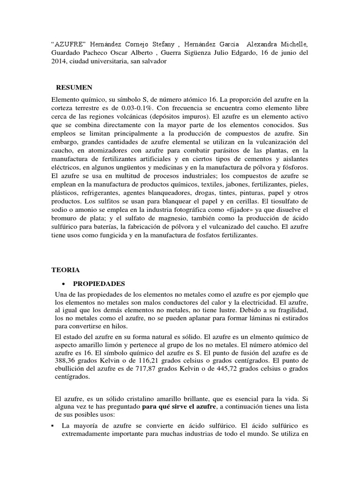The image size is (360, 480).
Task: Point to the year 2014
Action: tap(59, 61)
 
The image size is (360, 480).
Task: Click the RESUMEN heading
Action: tap(74, 87)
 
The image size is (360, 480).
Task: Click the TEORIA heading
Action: tap(66, 270)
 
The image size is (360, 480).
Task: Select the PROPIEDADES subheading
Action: tap(99, 284)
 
